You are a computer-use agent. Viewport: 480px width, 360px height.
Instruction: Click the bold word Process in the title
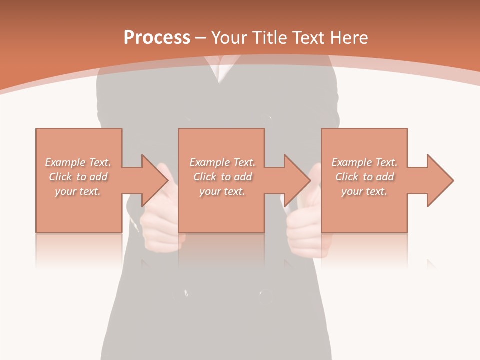coord(157,38)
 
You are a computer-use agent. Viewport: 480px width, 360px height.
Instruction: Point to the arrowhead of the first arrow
coord(156,180)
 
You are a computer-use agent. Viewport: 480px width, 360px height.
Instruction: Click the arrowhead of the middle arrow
coord(298,180)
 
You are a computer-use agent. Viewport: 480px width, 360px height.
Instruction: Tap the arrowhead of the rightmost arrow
coord(441,180)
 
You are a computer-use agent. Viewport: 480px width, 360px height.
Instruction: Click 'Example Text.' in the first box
coord(78,162)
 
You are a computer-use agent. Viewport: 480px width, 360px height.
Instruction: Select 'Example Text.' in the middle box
coord(222,162)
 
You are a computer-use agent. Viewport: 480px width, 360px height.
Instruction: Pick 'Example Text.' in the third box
coord(364,162)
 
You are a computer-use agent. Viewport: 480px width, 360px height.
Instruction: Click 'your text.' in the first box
coord(78,191)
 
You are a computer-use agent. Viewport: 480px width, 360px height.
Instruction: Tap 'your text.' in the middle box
coord(222,191)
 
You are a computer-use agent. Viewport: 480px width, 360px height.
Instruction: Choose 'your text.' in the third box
coord(364,191)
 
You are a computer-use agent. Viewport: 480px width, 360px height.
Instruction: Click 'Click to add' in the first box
coord(78,177)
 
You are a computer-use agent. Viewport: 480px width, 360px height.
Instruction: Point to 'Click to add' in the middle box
coord(222,177)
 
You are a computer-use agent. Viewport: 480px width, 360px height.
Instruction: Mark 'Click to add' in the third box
coord(364,177)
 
